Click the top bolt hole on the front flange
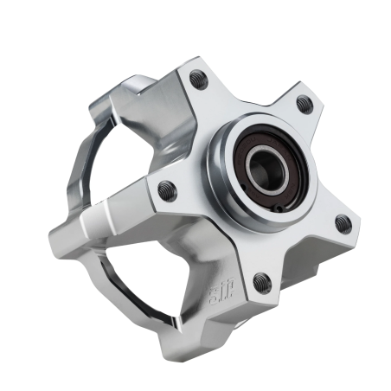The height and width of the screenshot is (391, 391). (198, 80)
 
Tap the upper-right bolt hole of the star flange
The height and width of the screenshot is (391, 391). (304, 104)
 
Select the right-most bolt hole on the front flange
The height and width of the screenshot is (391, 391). (343, 223)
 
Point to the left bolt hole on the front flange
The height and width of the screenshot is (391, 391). (168, 190)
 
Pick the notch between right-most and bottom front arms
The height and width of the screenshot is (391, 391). (303, 251)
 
